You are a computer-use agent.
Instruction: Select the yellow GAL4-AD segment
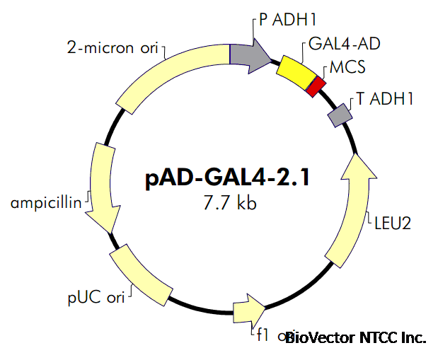296,71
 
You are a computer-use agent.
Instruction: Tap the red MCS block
317,86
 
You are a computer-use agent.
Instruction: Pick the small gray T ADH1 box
340,114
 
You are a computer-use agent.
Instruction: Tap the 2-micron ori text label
114,49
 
